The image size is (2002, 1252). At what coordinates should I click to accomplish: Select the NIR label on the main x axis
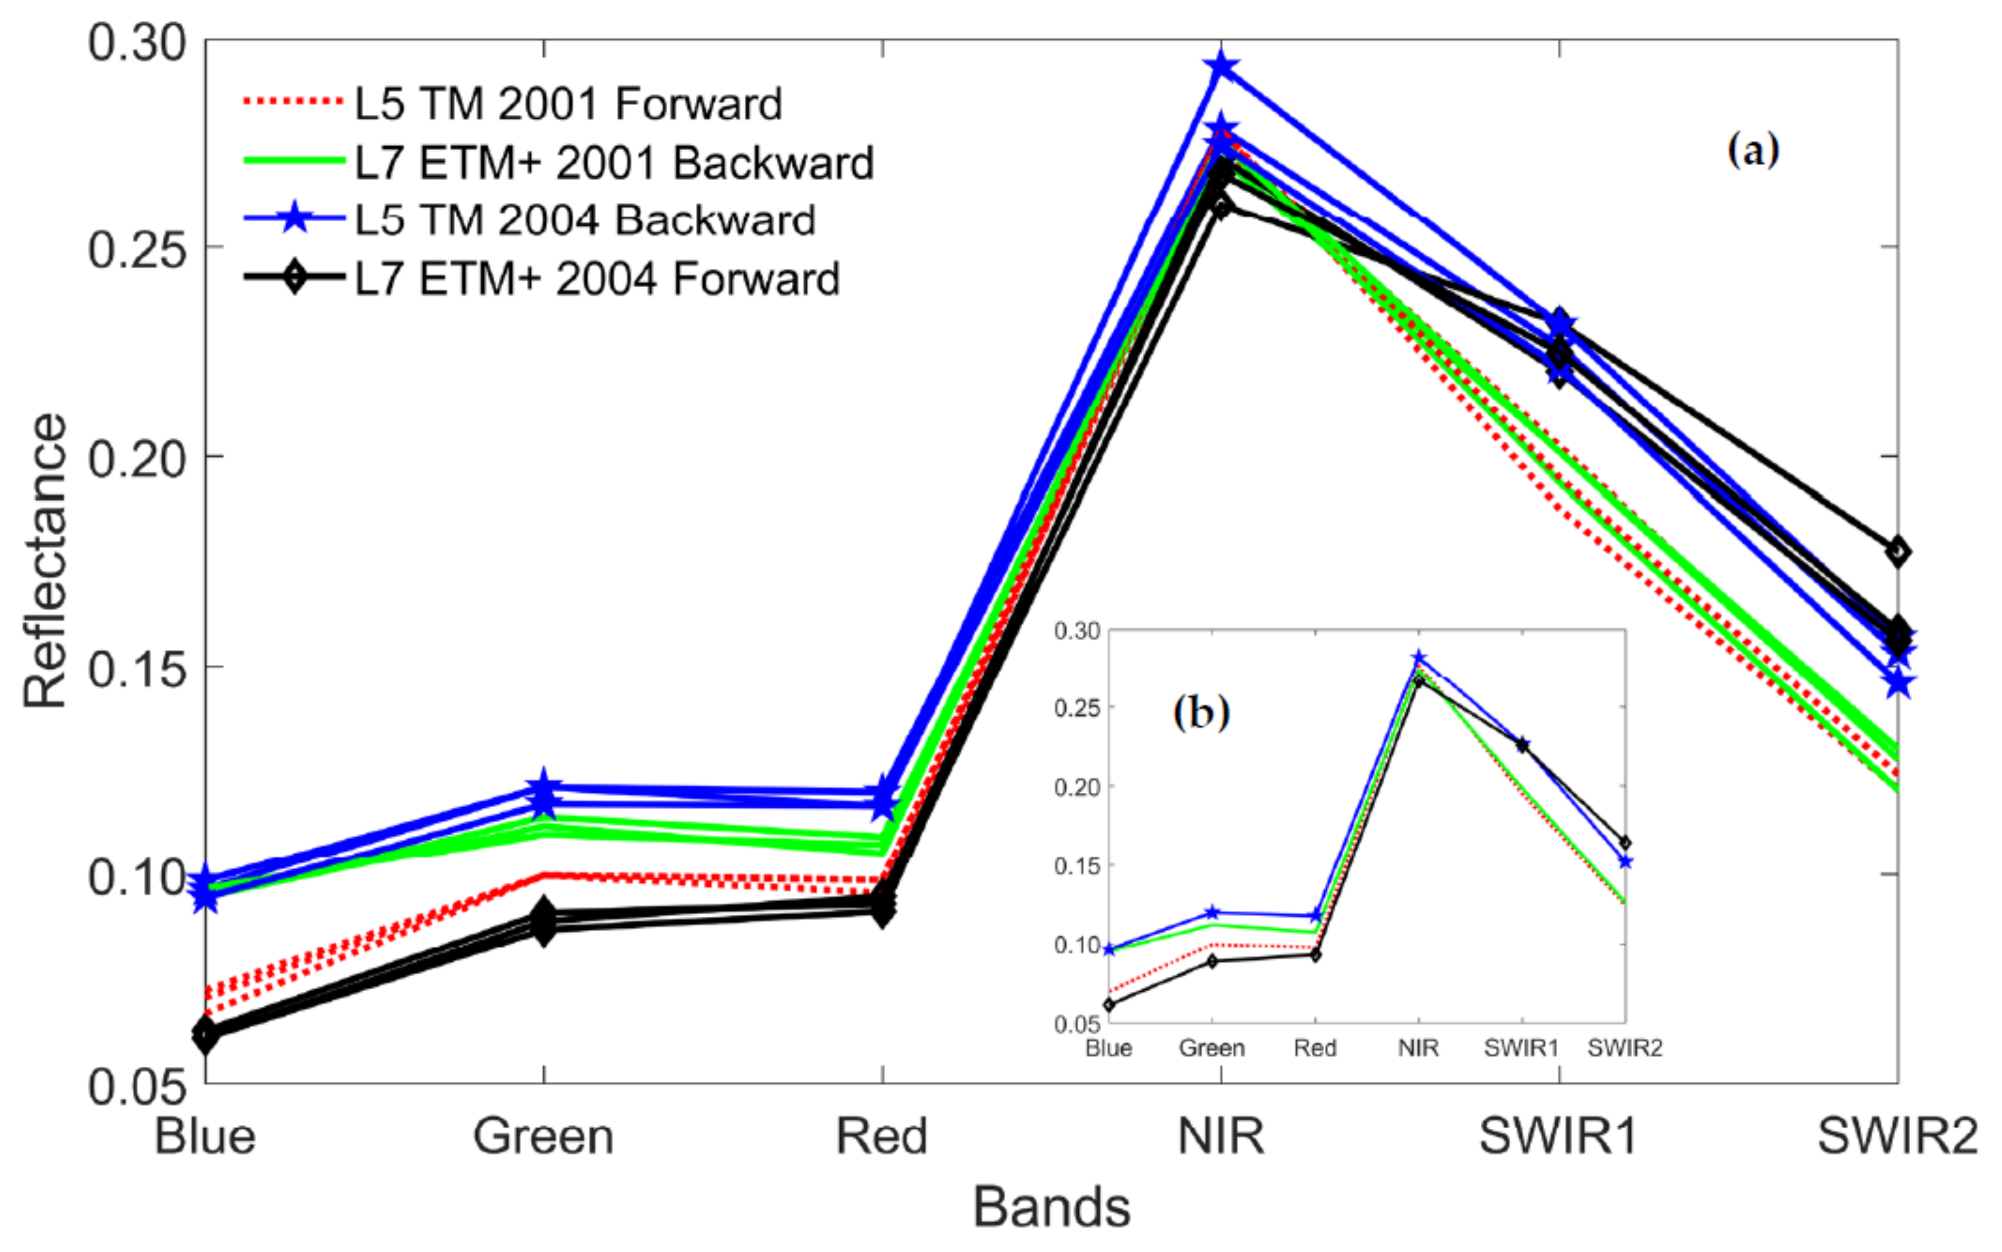click(1221, 1136)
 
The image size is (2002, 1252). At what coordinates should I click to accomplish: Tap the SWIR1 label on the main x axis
click(1558, 1136)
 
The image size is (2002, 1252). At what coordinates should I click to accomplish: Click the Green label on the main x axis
click(543, 1136)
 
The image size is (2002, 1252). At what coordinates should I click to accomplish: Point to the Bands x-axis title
click(1051, 1207)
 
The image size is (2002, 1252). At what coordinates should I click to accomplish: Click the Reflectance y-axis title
click(45, 561)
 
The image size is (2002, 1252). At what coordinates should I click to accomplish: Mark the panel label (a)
click(1753, 151)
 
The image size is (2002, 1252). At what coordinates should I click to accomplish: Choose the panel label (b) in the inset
click(1201, 711)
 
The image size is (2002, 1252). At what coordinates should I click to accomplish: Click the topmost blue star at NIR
click(1221, 66)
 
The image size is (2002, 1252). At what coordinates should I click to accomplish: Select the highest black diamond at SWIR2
click(1898, 551)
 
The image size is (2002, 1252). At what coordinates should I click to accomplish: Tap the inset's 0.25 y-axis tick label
click(1076, 708)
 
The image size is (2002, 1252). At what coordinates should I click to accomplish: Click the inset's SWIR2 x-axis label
click(1624, 1048)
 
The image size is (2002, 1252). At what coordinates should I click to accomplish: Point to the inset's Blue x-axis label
click(1109, 1048)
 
